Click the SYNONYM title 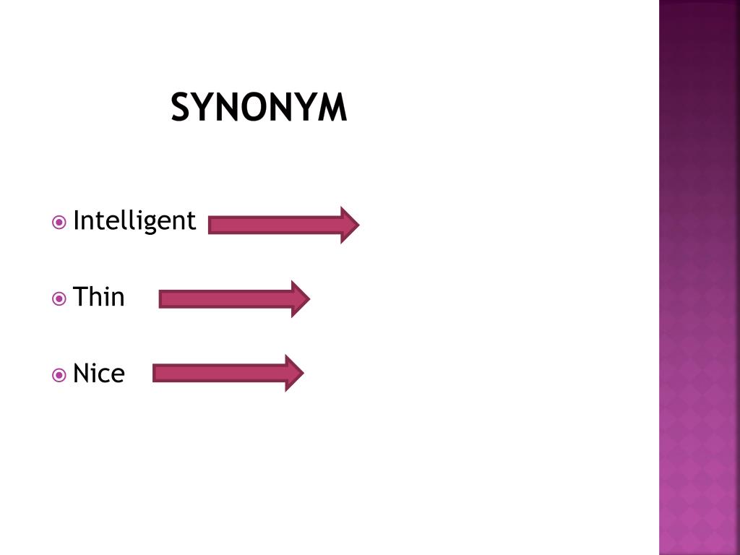259,108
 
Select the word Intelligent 134,220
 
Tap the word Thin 99,297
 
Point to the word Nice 99,374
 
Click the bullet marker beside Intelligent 59,222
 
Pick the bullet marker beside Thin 59,298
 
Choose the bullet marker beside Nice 59,374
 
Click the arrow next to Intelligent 283,225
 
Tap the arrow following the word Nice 228,374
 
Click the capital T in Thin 79,297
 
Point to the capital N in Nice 80,374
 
